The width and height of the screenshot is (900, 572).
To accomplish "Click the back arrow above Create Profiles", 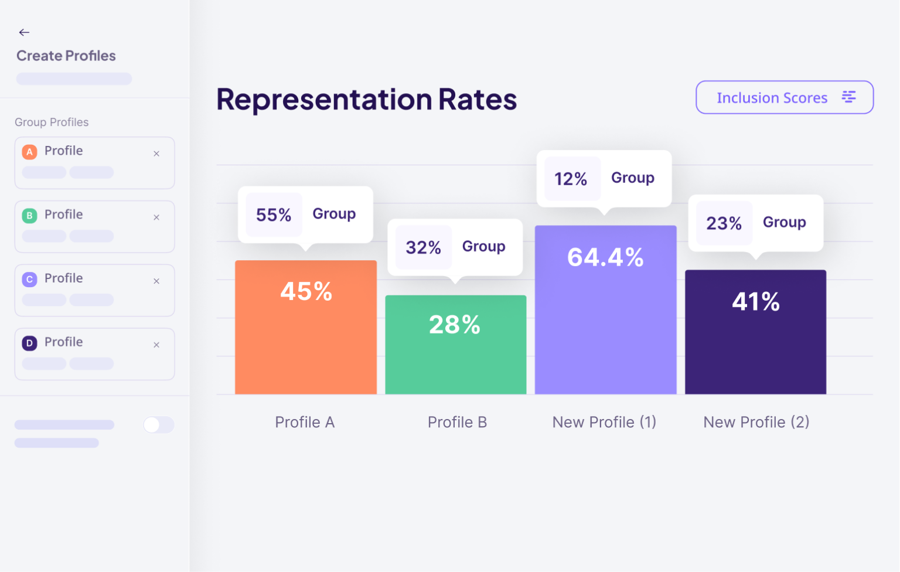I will pos(24,32).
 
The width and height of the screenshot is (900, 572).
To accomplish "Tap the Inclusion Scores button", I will pos(784,97).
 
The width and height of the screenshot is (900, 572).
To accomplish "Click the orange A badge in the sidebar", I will pos(29,152).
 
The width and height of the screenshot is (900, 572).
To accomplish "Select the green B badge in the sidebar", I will pos(29,216).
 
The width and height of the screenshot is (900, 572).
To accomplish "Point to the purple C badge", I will pos(29,280).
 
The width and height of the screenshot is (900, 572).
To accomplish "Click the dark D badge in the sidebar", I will pos(29,343).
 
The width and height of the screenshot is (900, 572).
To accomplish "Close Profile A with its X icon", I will pos(156,154).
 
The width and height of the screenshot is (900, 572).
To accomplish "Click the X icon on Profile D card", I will pos(156,345).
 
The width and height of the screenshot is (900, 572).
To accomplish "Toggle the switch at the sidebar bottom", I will pos(158,425).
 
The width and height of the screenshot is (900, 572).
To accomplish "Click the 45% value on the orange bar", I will pos(306,291).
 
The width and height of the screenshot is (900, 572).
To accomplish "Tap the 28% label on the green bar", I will pos(455,325).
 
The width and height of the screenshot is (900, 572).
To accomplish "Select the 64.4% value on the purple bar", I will pos(605,257).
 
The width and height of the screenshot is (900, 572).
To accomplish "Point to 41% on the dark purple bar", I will pos(755,302).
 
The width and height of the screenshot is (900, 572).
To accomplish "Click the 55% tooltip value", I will pos(274,215).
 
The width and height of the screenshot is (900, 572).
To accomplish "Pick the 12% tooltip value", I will pos(571,179).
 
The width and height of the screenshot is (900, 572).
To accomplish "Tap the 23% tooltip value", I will pos(724,223).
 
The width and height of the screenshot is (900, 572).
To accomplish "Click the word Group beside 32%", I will pos(483,247).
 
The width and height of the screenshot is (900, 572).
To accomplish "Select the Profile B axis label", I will pos(457,422).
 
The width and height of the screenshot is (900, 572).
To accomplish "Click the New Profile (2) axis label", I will pos(756,422).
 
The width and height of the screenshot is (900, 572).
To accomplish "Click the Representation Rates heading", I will pos(366,99).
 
